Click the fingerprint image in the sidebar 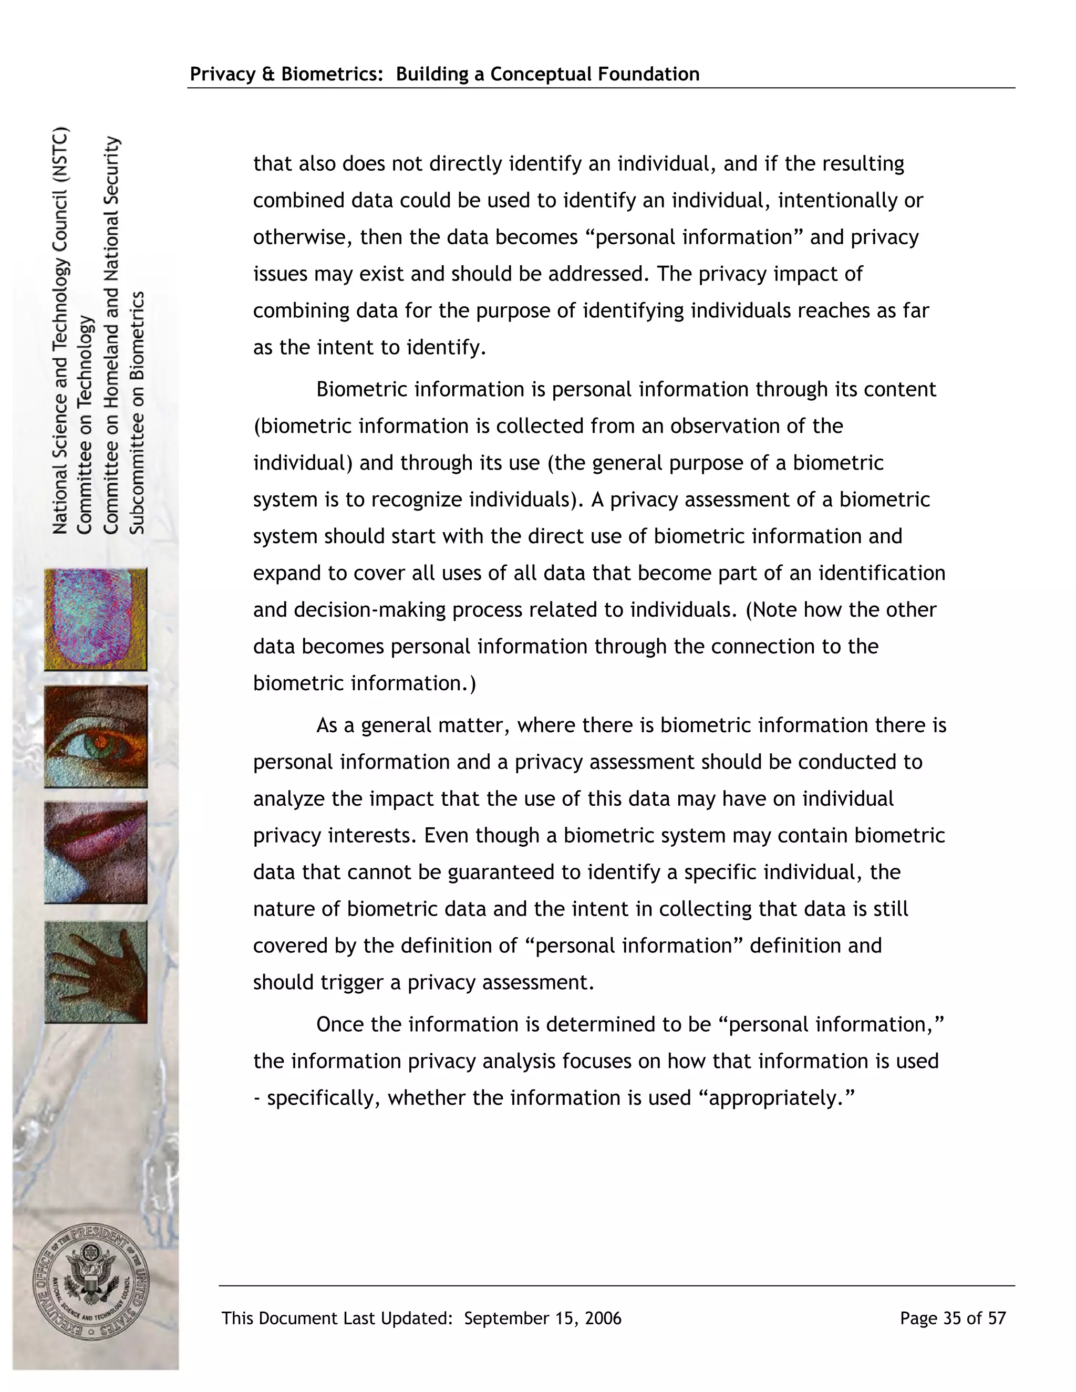(96, 619)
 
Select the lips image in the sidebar (96, 852)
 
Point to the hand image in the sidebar (96, 971)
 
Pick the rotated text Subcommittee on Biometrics (138, 412)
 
